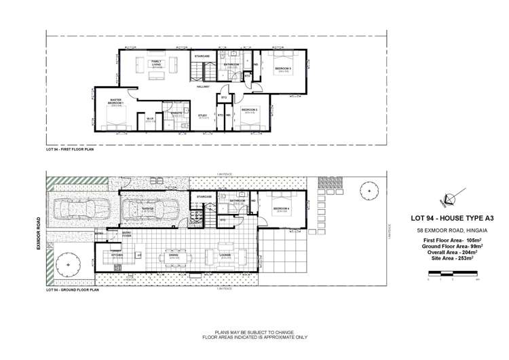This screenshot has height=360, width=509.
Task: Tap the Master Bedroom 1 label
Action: (116, 102)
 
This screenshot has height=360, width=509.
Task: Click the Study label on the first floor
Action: (202, 116)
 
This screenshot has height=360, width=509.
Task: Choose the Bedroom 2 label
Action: (249, 111)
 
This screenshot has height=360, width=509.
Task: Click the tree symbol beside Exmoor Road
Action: (68, 262)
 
